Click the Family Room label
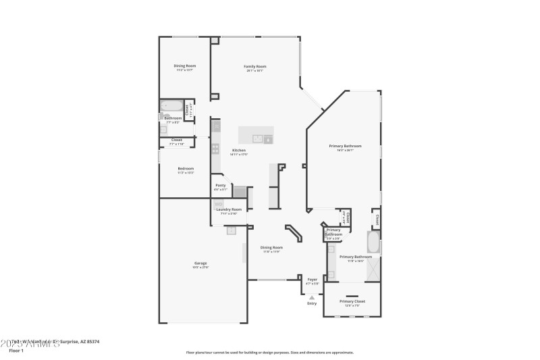255,66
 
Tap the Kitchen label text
239,150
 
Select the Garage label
200,263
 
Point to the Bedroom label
186,168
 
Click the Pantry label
220,185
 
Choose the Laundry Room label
230,209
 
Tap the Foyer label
312,279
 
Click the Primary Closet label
352,301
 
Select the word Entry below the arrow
312,303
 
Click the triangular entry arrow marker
312,297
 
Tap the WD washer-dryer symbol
219,203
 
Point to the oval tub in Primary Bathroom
373,242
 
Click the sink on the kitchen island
258,139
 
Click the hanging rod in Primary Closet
352,296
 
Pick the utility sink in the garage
231,230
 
